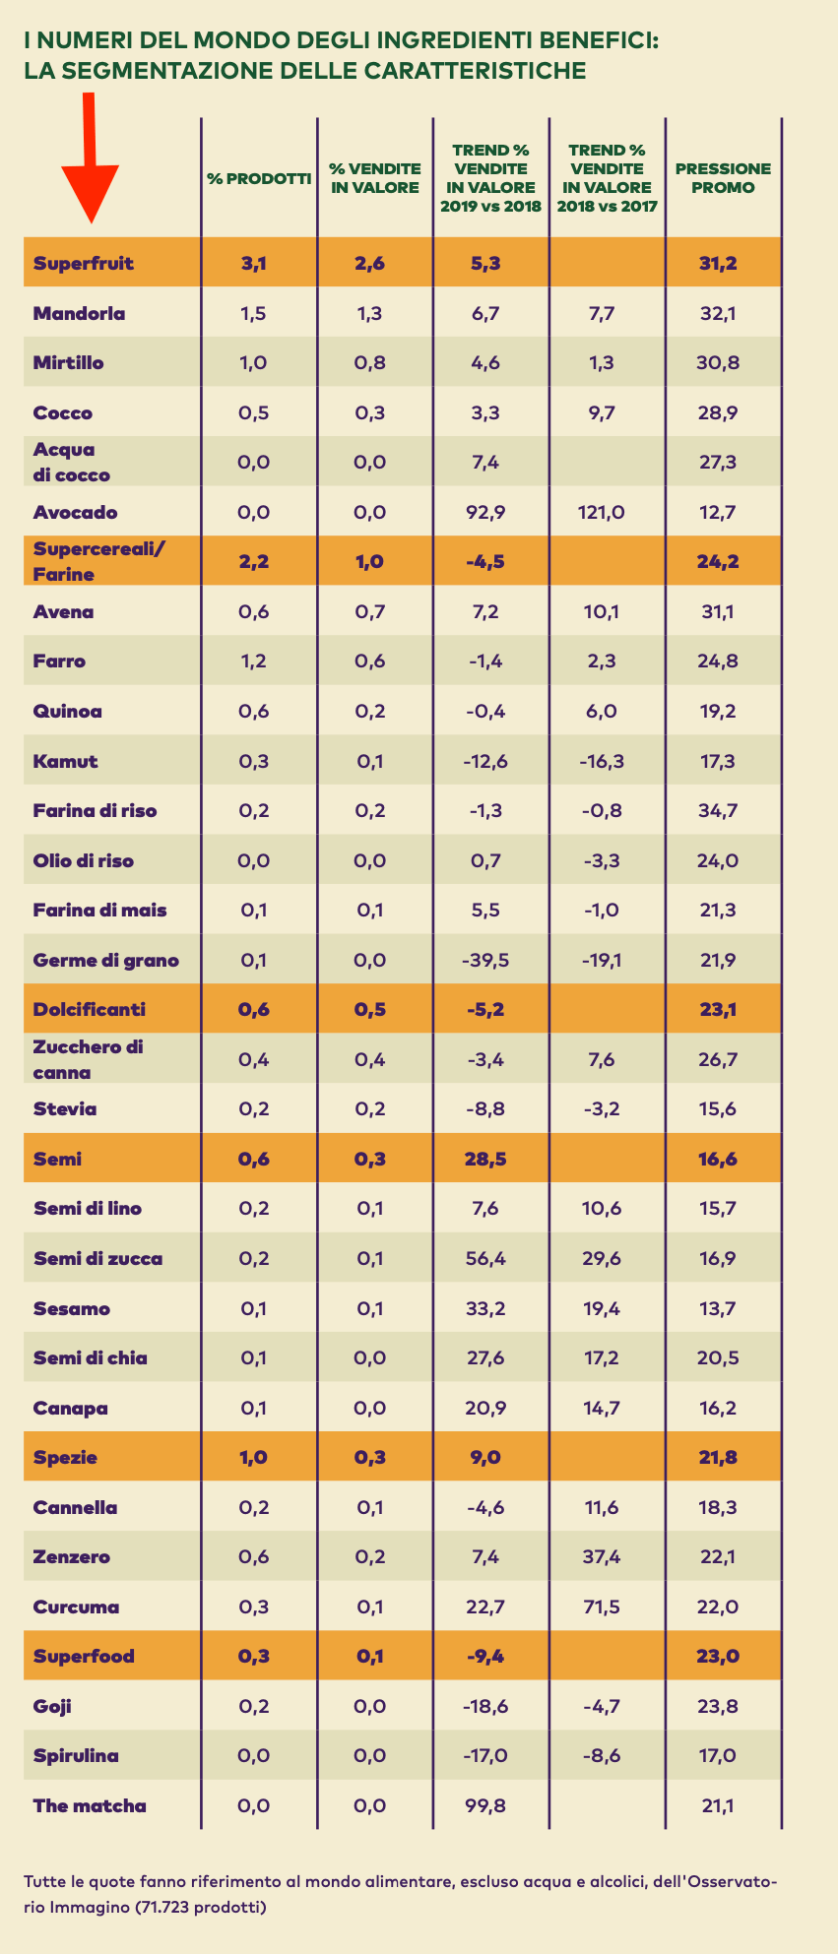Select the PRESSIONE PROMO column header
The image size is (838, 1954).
(x=723, y=178)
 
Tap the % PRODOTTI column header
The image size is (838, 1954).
(x=259, y=179)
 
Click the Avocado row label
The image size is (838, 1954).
(x=75, y=512)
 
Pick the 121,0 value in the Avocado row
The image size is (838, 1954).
(x=606, y=512)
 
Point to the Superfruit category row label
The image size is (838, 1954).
(x=83, y=263)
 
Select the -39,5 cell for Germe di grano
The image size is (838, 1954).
(x=485, y=960)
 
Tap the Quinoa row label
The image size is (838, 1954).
(x=67, y=711)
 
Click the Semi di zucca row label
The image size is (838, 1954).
(x=97, y=1258)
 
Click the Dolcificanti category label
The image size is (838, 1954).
(x=89, y=1009)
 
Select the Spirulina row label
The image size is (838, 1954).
(x=76, y=1755)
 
